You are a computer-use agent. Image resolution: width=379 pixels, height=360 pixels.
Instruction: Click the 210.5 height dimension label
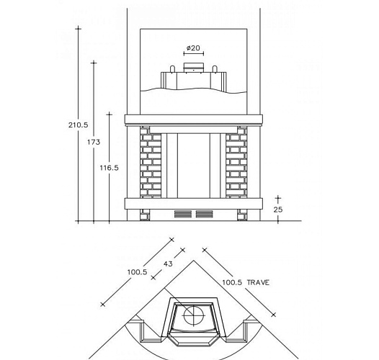(78, 125)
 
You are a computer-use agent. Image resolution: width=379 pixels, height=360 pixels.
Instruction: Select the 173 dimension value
(94, 142)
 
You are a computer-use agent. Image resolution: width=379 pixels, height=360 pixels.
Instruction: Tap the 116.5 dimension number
(110, 168)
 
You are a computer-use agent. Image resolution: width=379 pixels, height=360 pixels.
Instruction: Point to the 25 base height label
(278, 210)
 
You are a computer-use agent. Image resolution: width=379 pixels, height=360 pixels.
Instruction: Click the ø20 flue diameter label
(193, 48)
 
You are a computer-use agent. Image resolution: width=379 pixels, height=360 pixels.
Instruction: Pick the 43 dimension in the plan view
(168, 264)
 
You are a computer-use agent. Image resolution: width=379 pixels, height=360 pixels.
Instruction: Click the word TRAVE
(258, 282)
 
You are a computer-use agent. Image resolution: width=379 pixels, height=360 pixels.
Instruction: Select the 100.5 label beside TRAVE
(232, 282)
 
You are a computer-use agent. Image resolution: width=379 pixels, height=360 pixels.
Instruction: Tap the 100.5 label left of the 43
(138, 272)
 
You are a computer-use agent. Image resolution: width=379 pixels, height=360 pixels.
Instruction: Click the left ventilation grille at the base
(183, 214)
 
